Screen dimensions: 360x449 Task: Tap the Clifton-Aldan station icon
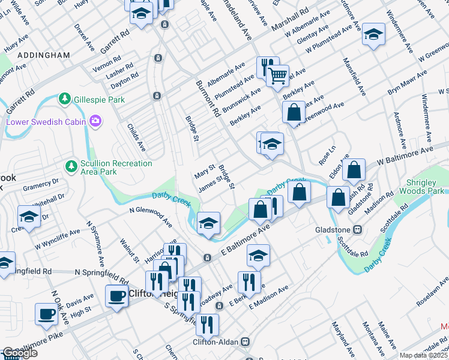coord(245,341)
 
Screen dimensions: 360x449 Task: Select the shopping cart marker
coord(277,76)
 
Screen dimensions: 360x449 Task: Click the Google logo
coord(20,353)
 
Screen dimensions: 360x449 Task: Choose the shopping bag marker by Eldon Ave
coord(354,170)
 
